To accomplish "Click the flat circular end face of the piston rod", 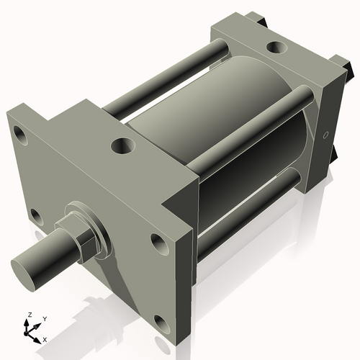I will (x=23, y=268).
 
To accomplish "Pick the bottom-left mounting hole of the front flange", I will (x=35, y=214).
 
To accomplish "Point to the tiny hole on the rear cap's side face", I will (x=325, y=135).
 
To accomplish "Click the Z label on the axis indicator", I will (x=28, y=315).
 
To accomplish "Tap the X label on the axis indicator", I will (x=45, y=338).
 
